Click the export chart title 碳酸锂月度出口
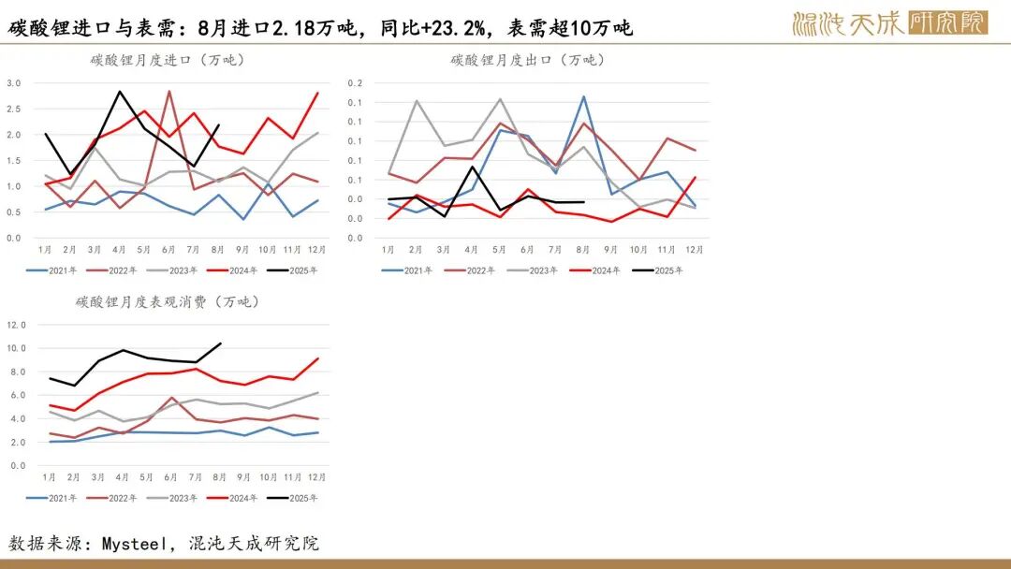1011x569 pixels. tap(526, 60)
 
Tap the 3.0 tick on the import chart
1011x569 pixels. tap(14, 83)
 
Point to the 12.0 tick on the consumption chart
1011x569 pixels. tap(18, 325)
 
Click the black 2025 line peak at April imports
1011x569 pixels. tap(120, 92)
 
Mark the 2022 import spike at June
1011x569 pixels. tap(168, 92)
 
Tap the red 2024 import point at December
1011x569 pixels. tap(317, 93)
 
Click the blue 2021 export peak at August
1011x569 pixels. tap(583, 96)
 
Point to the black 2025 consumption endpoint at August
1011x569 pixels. tap(219, 343)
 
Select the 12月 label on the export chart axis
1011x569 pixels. tap(695, 250)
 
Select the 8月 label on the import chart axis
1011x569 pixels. tap(218, 250)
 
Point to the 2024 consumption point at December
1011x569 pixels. tap(317, 358)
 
